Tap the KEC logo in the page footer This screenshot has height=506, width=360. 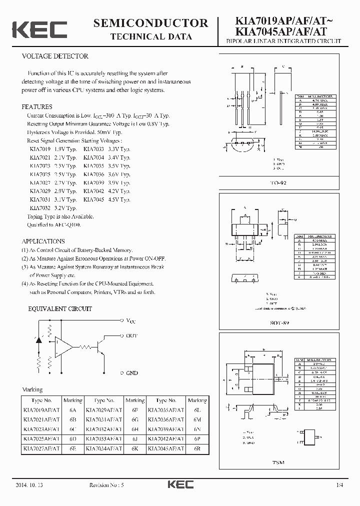[180, 485]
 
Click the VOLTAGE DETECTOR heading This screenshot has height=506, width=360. [55, 56]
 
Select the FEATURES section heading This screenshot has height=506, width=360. [37, 107]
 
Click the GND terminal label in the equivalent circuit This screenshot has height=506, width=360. [131, 373]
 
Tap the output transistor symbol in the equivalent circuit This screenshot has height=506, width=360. [100, 346]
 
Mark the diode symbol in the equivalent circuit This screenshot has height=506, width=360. [38, 339]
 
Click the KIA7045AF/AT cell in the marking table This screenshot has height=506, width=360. [165, 448]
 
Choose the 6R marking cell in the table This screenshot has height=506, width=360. [197, 448]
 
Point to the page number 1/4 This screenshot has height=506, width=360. [339, 485]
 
